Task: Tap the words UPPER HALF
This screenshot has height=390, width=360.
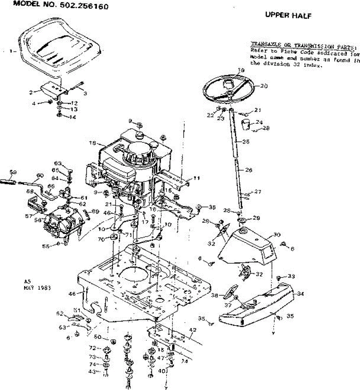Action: pos(288,15)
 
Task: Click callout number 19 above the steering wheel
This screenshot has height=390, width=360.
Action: pos(241,70)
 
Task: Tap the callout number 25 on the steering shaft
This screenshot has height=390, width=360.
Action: pos(246,142)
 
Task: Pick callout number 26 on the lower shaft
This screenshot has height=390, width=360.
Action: pos(249,170)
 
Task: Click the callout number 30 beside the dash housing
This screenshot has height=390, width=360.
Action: pos(277,234)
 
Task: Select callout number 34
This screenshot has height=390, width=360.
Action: pos(300,294)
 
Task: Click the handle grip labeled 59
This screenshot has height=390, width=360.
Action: pos(10,180)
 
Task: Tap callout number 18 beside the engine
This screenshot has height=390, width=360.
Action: pos(93,143)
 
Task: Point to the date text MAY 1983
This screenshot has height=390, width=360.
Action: pos(37,288)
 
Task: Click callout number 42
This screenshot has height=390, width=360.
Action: pos(192,330)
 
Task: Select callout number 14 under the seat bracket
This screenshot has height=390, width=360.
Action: pos(72,117)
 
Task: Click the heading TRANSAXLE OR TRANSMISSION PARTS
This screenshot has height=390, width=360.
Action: pos(302,45)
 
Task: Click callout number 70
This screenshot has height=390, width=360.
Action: pos(101,240)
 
